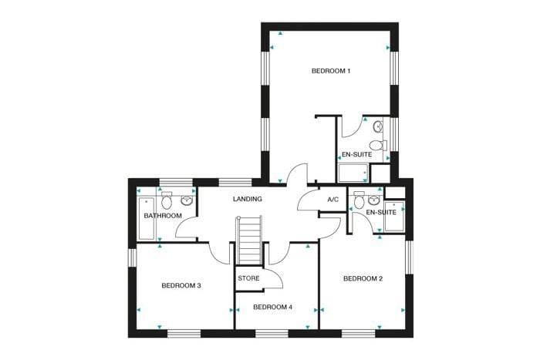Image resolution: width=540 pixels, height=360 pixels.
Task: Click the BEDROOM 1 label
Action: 331,71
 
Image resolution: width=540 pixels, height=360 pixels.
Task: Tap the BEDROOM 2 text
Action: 363,278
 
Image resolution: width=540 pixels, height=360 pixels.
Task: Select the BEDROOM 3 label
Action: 181,286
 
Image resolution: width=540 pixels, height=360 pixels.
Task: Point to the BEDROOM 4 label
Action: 272,307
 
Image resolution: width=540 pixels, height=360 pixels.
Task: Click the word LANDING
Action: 248,199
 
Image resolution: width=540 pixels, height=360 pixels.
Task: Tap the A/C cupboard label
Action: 333,200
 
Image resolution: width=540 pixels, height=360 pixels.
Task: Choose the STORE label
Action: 248,278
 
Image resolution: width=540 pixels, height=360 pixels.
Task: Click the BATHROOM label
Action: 163,216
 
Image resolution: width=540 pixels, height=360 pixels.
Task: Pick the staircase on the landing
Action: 249,241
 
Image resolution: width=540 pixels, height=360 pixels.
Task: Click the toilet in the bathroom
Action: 167,200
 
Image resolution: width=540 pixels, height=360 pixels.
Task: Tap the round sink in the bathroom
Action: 187,200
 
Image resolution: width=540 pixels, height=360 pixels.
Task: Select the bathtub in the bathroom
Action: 146,219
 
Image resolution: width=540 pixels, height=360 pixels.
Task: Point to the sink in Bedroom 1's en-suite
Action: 378,126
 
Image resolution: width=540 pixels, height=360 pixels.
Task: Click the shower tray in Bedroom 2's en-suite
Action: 394,216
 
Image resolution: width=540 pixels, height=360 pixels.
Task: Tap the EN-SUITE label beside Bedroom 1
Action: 356,154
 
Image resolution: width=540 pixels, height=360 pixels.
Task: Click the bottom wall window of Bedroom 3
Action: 184,334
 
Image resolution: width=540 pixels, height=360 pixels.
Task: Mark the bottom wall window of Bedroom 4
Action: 272,334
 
